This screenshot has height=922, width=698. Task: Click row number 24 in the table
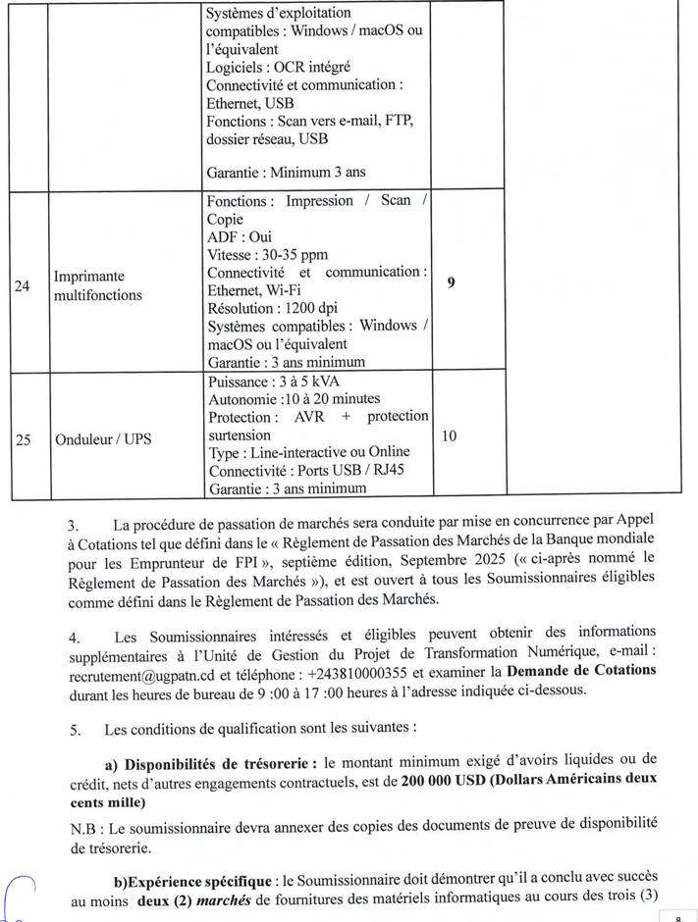[22, 286]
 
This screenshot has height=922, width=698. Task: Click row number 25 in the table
[23, 439]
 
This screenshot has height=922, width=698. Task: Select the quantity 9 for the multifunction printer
[450, 282]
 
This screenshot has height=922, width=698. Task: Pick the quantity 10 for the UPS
[449, 433]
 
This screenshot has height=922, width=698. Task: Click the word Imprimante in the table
[89, 277]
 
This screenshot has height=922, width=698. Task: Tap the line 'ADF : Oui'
[240, 237]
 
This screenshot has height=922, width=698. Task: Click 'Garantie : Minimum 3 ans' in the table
[286, 172]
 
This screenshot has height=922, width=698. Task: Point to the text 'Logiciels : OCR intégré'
[278, 67]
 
